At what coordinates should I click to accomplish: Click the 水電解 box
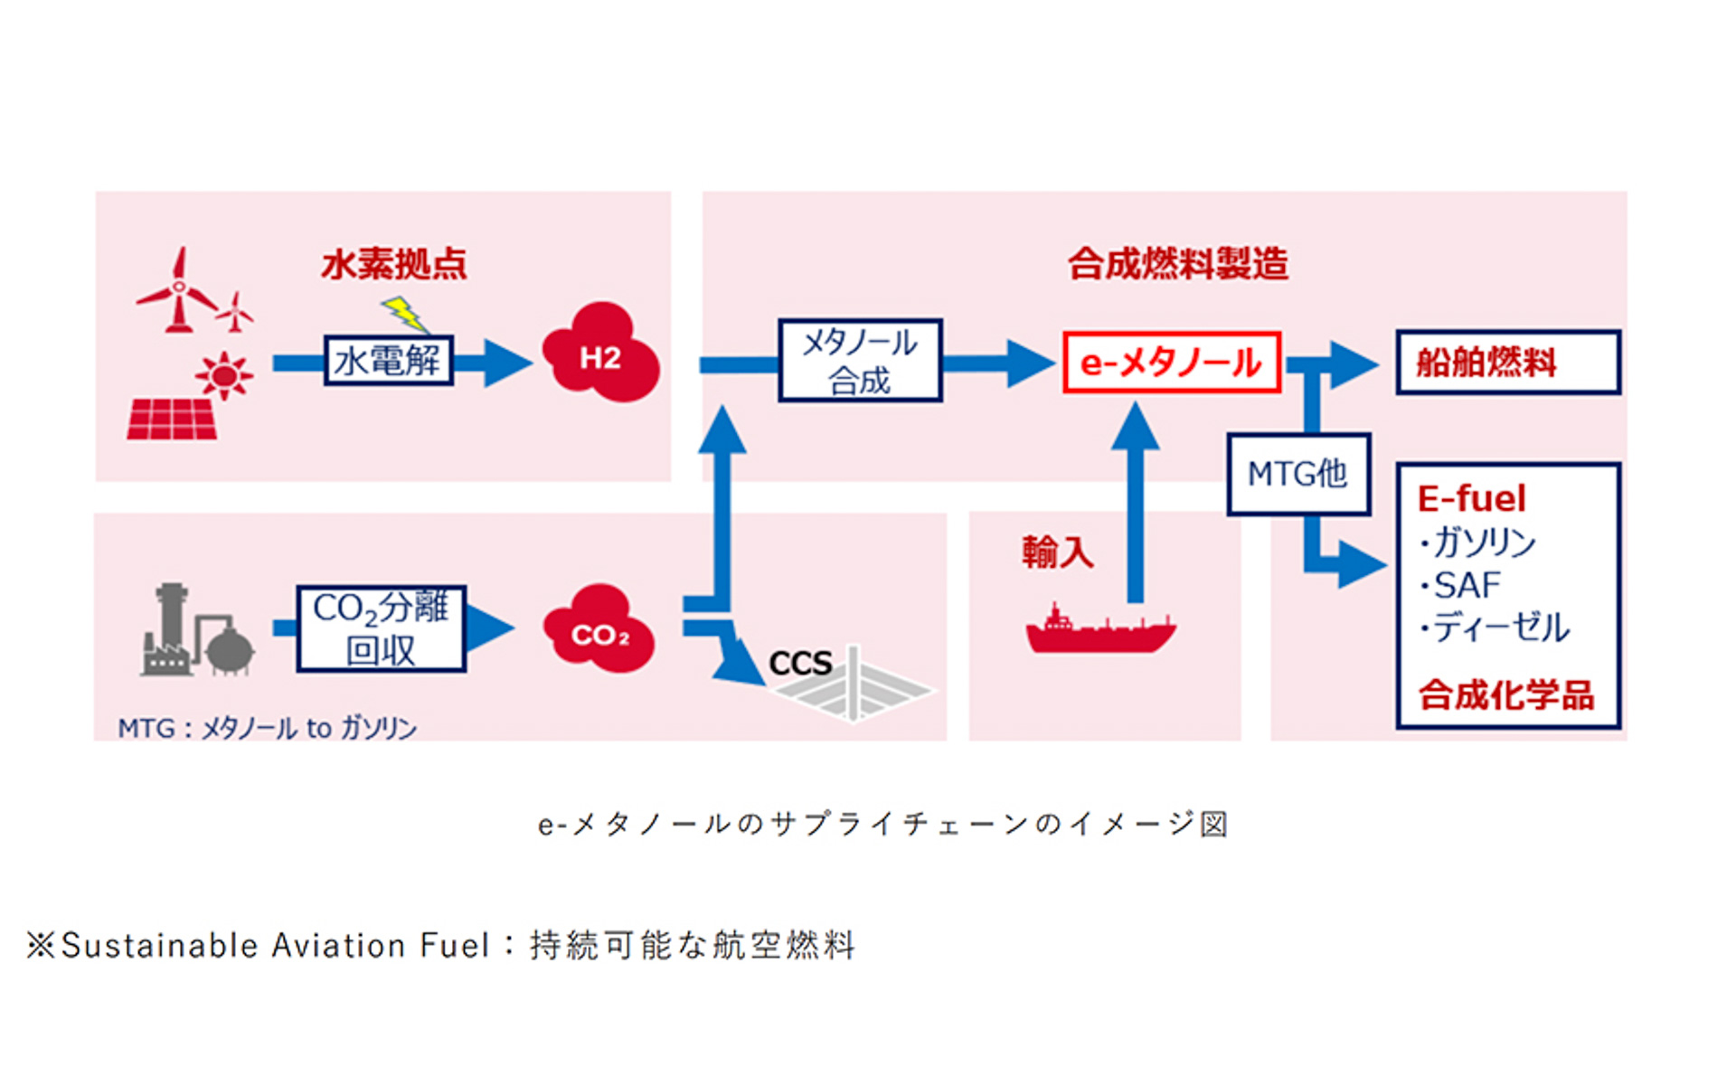point(388,361)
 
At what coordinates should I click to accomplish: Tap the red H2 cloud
point(599,354)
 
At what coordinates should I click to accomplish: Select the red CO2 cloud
point(599,630)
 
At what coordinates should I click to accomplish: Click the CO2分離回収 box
point(381,628)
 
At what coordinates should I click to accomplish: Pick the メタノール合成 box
point(860,361)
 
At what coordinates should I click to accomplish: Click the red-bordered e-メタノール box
point(1171,363)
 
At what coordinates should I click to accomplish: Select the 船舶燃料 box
point(1507,363)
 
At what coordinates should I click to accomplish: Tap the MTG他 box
point(1297,474)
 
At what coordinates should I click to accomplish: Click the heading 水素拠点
point(394,265)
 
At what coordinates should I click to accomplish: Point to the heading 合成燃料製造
point(1177,264)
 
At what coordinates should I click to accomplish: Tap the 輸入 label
point(1057,552)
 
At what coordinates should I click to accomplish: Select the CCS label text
point(799,664)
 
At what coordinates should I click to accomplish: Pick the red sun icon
point(223,375)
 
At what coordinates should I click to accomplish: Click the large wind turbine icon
point(178,291)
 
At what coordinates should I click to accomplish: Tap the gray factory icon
point(195,632)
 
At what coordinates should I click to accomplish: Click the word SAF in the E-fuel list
point(1467,586)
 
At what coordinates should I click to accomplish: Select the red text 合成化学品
point(1505,695)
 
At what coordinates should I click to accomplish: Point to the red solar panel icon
point(172,420)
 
